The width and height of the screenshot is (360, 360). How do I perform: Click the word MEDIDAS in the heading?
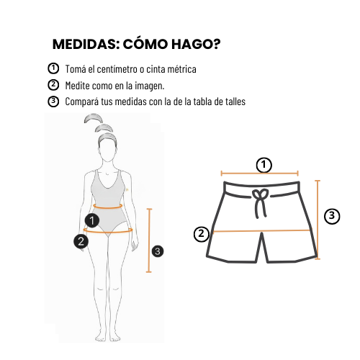pyautogui.click(x=86, y=44)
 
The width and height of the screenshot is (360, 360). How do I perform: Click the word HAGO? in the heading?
pyautogui.click(x=196, y=44)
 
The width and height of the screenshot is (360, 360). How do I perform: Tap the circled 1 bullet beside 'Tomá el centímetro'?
pyautogui.click(x=53, y=68)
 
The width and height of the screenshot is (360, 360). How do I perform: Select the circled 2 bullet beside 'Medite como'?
pyautogui.click(x=53, y=85)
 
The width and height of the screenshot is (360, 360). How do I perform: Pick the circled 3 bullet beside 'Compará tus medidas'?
pyautogui.click(x=53, y=102)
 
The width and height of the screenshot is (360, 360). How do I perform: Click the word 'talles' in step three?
pyautogui.click(x=235, y=102)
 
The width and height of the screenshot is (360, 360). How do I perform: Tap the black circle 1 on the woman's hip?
pyautogui.click(x=92, y=220)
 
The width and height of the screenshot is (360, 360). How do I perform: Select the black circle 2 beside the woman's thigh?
pyautogui.click(x=81, y=241)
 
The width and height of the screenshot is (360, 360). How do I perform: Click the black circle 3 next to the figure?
pyautogui.click(x=158, y=251)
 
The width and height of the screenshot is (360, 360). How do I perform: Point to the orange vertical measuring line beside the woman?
pyautogui.click(x=149, y=240)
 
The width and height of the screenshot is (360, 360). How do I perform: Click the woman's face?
pyautogui.click(x=107, y=150)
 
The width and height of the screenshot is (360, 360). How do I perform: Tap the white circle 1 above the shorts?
pyautogui.click(x=264, y=165)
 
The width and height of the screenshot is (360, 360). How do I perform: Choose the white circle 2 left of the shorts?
pyautogui.click(x=202, y=234)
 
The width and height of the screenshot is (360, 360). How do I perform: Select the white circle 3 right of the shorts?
pyautogui.click(x=332, y=216)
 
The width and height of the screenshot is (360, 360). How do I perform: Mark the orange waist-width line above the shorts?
pyautogui.click(x=260, y=174)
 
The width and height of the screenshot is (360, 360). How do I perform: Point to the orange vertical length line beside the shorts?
pyautogui.click(x=318, y=220)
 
